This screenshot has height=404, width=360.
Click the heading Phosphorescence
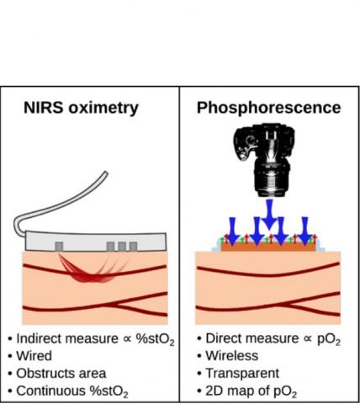(268, 108)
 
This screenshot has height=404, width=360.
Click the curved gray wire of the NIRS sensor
(50, 202)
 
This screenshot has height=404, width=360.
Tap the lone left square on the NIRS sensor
(58, 246)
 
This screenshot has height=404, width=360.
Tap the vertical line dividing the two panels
(180, 244)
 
